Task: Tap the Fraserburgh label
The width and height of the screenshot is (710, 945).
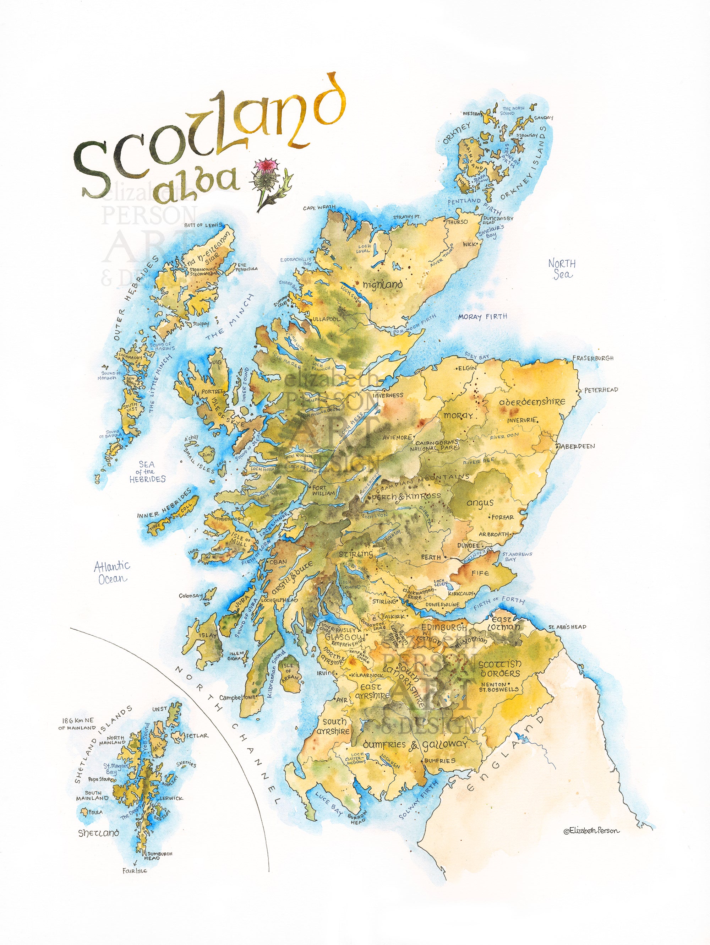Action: click(x=592, y=358)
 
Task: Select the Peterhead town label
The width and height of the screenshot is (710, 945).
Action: click(x=601, y=390)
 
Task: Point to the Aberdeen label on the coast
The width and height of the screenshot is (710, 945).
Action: click(x=577, y=446)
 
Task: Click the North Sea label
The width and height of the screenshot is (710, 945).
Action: click(x=562, y=269)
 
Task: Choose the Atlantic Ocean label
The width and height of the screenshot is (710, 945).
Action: click(x=111, y=572)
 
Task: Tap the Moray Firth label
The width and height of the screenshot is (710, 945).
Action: click(x=482, y=316)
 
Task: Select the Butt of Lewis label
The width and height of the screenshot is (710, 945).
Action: click(x=203, y=225)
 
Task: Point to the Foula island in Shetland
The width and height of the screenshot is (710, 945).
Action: click(x=84, y=811)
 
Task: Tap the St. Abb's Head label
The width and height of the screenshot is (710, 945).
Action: click(x=567, y=627)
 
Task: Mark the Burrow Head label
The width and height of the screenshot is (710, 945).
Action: click(x=357, y=817)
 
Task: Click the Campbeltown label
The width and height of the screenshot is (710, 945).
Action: click(x=237, y=697)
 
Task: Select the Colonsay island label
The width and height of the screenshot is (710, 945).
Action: click(x=190, y=596)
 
